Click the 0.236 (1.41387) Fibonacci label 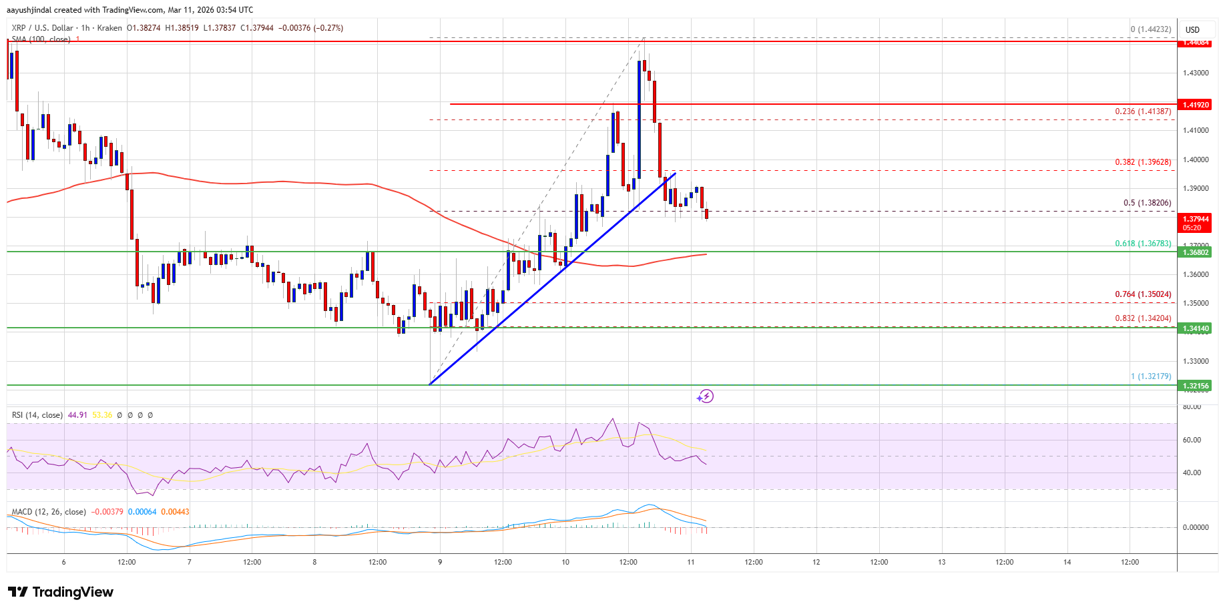pos(1143,111)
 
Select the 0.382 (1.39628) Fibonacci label pos(1143,162)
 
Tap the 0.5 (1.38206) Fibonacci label pos(1147,203)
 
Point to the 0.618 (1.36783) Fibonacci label pos(1143,244)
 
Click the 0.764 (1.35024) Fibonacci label pos(1143,294)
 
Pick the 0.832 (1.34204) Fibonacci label pos(1143,318)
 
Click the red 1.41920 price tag pos(1196,105)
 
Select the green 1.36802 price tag pos(1196,252)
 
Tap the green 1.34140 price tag pos(1196,328)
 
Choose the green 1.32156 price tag pos(1196,386)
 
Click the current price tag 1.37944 pos(1196,219)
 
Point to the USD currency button pos(1192,29)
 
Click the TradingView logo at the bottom pos(61,592)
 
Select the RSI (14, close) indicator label pos(37,415)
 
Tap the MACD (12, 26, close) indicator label pos(49,512)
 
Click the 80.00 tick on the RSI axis pos(1192,406)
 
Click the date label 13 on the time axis pos(941,562)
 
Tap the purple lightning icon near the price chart pos(705,396)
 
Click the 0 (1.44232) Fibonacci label pos(1150,29)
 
